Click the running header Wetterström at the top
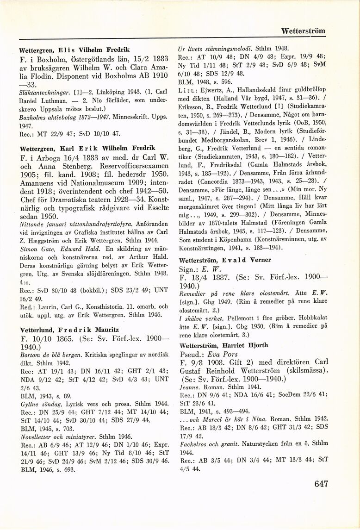pos(304,31)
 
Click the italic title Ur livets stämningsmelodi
pos(212,48)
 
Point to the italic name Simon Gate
pos(36,249)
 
